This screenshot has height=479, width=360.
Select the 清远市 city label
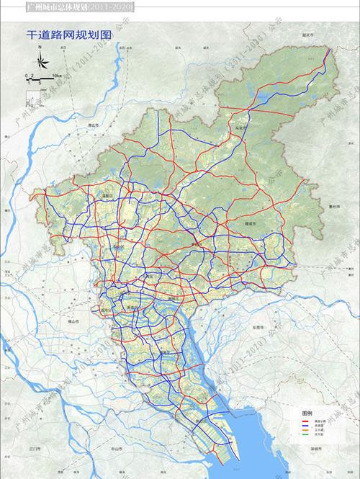point(92,124)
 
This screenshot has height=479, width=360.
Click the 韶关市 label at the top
point(310,54)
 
